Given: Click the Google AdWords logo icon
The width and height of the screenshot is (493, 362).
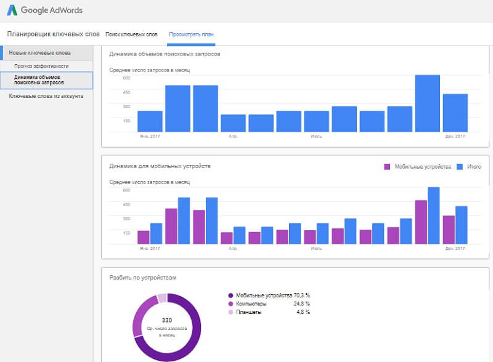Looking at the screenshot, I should pyautogui.click(x=12, y=10).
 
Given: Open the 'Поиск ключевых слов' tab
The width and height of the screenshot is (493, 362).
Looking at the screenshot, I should pyautogui.click(x=131, y=34).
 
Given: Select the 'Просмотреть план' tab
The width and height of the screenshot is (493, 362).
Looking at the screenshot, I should pyautogui.click(x=191, y=34).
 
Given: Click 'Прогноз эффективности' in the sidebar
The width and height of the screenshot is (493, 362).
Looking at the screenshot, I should pyautogui.click(x=42, y=66).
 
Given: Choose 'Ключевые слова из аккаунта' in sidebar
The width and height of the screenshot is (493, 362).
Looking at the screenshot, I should pyautogui.click(x=46, y=96).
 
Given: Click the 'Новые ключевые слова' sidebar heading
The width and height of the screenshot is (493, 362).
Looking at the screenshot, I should pyautogui.click(x=39, y=53).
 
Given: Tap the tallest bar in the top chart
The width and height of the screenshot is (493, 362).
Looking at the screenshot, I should pyautogui.click(x=427, y=103).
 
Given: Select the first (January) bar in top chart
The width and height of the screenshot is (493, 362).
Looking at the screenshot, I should pyautogui.click(x=150, y=121).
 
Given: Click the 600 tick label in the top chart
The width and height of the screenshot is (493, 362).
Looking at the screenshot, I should pyautogui.click(x=126, y=78).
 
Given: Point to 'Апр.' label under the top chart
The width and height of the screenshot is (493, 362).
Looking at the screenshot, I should pyautogui.click(x=233, y=136).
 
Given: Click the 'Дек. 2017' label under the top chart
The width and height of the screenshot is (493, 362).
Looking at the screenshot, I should pyautogui.click(x=455, y=136).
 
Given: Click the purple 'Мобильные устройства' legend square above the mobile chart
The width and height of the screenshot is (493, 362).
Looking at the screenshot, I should pyautogui.click(x=388, y=167).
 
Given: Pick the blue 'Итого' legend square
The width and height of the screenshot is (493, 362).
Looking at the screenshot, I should pyautogui.click(x=460, y=167).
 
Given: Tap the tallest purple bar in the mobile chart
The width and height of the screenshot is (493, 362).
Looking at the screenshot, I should pyautogui.click(x=421, y=222).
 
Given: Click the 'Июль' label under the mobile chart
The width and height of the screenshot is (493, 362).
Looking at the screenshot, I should pyautogui.click(x=316, y=249).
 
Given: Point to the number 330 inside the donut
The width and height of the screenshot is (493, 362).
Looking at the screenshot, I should pyautogui.click(x=166, y=320).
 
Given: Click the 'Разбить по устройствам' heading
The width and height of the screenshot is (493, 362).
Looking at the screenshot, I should pyautogui.click(x=142, y=278).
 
